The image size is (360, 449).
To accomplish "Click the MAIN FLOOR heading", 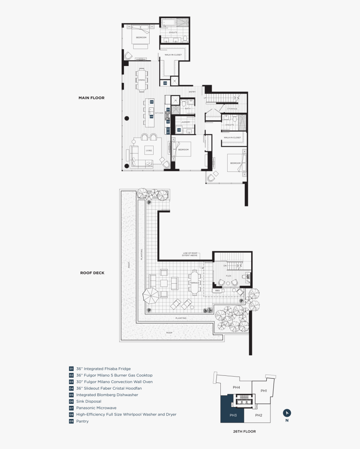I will pyautogui.click(x=91, y=98).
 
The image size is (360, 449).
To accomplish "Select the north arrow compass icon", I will pyautogui.click(x=287, y=413).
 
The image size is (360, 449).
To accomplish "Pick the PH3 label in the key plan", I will pyautogui.click(x=233, y=415).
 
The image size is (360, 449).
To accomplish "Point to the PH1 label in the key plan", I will pyautogui.click(x=264, y=391).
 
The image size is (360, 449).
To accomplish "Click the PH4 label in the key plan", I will pyautogui.click(x=236, y=387).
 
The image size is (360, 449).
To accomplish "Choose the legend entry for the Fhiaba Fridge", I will pyautogui.click(x=103, y=369).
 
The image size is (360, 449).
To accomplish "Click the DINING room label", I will pyautogui.click(x=142, y=80).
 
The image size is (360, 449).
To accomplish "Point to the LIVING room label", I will pyautogui.click(x=149, y=150).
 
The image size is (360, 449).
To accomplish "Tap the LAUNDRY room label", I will pyautogui.click(x=185, y=122).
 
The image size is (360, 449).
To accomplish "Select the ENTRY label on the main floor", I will pyautogui.click(x=192, y=92).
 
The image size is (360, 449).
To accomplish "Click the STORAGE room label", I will pyautogui.click(x=232, y=109).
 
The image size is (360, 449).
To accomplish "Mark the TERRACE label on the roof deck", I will pyautogui.click(x=194, y=283).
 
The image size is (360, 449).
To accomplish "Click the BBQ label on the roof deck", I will pyautogui.click(x=218, y=291).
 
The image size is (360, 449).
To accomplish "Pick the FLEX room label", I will pyautogui.click(x=228, y=276).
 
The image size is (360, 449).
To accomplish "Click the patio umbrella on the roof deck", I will pyautogui.click(x=151, y=296).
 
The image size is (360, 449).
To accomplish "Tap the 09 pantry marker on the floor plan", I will pyautogui.click(x=165, y=83).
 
